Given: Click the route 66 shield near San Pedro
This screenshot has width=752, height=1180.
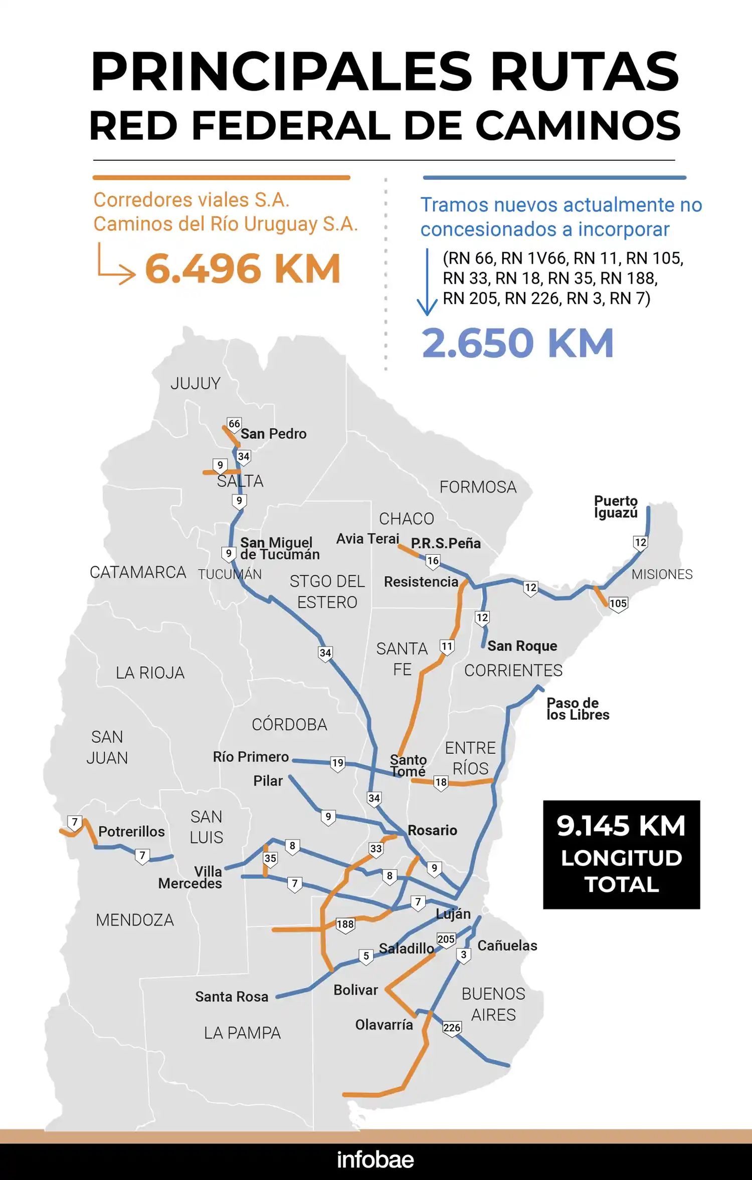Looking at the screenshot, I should click(x=234, y=424).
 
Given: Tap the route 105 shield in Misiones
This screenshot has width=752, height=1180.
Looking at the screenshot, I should click(x=618, y=603).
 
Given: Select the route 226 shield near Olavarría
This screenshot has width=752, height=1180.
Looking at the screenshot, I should click(x=451, y=1028).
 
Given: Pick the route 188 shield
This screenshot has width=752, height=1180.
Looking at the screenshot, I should click(x=345, y=924).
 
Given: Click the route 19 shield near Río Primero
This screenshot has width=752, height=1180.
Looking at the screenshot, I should click(x=337, y=763).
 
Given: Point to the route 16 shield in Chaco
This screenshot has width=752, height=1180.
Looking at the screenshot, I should click(x=433, y=561).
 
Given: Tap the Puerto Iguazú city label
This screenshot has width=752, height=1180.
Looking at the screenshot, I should click(x=616, y=507).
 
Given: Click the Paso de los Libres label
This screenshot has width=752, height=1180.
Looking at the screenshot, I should click(x=578, y=709).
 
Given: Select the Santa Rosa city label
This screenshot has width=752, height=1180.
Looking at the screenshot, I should click(x=232, y=997).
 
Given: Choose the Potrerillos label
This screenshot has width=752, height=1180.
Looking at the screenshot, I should click(x=131, y=832).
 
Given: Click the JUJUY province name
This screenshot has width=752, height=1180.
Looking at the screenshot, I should click(x=196, y=383).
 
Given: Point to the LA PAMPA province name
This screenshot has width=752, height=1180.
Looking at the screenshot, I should click(x=242, y=1033).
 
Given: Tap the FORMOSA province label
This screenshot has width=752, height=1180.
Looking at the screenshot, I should click(x=478, y=487).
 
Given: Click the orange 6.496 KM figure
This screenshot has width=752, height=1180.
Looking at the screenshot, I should click(x=243, y=269).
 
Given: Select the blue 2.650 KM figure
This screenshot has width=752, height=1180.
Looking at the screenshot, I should click(x=517, y=343).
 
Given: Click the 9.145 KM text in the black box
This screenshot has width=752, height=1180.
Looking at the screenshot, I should click(x=621, y=826).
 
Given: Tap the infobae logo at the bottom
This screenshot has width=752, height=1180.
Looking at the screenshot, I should click(x=375, y=1160).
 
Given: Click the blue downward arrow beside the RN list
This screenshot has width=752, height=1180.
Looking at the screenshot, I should click(x=427, y=283).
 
